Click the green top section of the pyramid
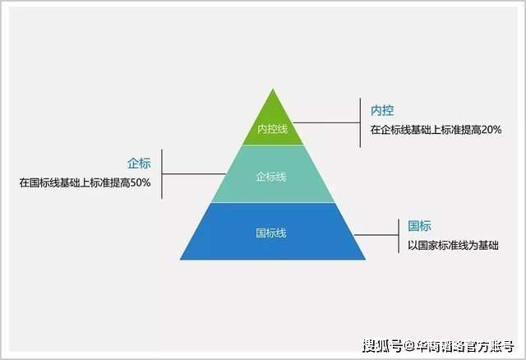point(273,124)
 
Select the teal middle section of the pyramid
point(273,173)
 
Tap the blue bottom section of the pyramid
point(273,232)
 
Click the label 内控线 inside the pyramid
point(272,129)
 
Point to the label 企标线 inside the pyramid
point(271,177)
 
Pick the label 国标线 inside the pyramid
point(271,233)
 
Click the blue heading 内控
point(382,110)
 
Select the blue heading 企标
point(139,164)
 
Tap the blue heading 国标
point(419,226)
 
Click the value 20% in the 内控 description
point(491,130)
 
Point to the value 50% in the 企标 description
point(141,182)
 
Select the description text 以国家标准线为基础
point(453,245)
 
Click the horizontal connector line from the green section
point(327,122)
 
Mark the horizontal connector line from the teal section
point(194,173)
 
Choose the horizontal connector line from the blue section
point(376,235)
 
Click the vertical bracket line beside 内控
point(360,122)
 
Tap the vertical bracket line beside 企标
point(162,173)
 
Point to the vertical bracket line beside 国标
point(399,236)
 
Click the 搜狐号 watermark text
point(383,345)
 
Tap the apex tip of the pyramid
point(273,89)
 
